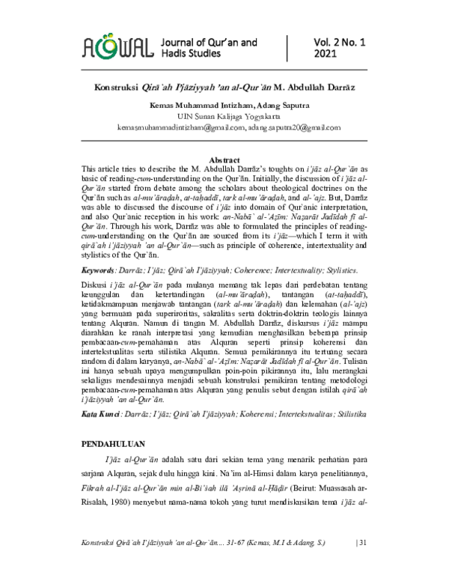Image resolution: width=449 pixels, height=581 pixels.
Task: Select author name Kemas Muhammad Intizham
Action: pyautogui.click(x=197, y=106)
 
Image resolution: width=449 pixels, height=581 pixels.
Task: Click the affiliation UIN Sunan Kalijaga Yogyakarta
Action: pyautogui.click(x=224, y=118)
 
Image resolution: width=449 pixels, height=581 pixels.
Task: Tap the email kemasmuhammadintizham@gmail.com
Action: pyautogui.click(x=182, y=128)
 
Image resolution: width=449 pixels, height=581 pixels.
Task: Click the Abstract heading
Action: pyautogui.click(x=224, y=160)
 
